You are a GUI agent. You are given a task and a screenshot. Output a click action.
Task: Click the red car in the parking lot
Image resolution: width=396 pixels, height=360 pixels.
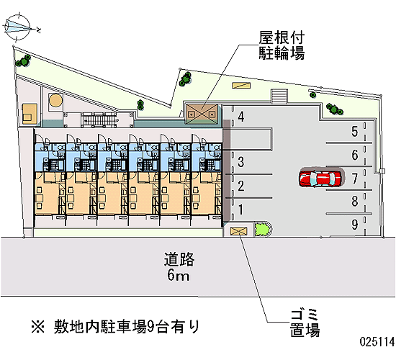point(320,179)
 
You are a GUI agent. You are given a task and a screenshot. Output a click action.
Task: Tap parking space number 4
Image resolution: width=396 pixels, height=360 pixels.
point(241,117)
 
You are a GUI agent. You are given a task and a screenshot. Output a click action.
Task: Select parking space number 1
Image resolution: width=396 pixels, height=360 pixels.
point(240,210)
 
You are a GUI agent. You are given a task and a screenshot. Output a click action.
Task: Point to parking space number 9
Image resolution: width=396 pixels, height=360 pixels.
point(354,224)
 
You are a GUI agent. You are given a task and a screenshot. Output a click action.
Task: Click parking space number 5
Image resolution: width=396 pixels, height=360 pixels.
point(354,132)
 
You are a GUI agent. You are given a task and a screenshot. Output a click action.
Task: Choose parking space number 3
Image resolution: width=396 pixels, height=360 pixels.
point(241,162)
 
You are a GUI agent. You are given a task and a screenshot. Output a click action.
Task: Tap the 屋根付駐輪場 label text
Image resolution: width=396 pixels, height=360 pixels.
point(282,45)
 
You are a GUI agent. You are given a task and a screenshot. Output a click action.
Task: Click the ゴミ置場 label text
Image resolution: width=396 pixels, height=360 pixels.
point(305,323)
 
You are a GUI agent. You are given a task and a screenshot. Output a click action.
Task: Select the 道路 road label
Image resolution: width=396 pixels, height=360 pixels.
point(179,259)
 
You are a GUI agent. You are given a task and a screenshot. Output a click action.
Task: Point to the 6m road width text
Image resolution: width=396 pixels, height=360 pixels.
point(178,275)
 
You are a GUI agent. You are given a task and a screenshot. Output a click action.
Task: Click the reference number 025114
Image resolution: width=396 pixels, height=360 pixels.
point(377,342)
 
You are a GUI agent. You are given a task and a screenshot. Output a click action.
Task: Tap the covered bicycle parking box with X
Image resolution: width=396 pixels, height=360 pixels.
point(202,114)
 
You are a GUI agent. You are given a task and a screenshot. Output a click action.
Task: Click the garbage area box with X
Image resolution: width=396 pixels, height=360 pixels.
point(238,231)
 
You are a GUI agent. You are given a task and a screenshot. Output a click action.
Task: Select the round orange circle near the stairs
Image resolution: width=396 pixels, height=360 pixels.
point(55,101)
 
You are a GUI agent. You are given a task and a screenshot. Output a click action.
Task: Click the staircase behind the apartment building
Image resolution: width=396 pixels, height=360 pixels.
point(98,120)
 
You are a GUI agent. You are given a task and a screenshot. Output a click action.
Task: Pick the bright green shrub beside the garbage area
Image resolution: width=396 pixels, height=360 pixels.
point(261,230)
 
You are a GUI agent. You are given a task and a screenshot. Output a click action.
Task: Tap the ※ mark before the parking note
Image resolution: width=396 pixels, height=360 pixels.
point(38,327)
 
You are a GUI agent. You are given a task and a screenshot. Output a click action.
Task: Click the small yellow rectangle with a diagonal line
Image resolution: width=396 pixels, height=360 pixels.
point(241,85)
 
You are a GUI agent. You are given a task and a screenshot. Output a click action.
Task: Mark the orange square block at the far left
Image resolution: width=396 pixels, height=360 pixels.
point(30,114)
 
